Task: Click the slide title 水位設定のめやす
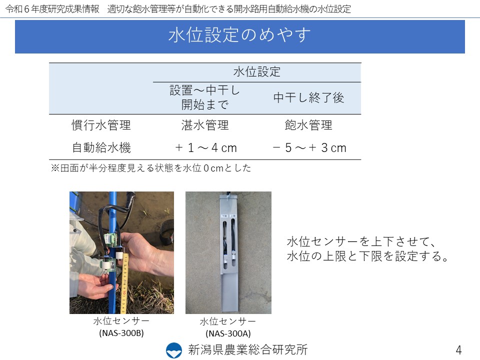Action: tap(239, 35)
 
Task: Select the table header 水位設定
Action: tap(257, 72)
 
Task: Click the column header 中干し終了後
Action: tap(308, 97)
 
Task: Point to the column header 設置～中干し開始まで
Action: tap(205, 97)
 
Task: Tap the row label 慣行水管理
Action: tap(101, 125)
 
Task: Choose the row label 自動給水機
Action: tap(101, 147)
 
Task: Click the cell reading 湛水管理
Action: tap(205, 125)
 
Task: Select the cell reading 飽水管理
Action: tap(308, 125)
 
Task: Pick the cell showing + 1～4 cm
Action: tap(206, 148)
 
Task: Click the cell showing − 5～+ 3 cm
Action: tap(309, 148)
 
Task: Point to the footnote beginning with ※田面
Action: tap(151, 168)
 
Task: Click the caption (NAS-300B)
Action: tap(121, 333)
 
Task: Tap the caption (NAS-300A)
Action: tap(228, 333)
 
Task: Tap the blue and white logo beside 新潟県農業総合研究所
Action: tap(173, 350)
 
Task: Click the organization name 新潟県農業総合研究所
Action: tap(248, 350)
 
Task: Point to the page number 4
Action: tap(458, 350)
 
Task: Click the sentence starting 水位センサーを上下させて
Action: tap(367, 248)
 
